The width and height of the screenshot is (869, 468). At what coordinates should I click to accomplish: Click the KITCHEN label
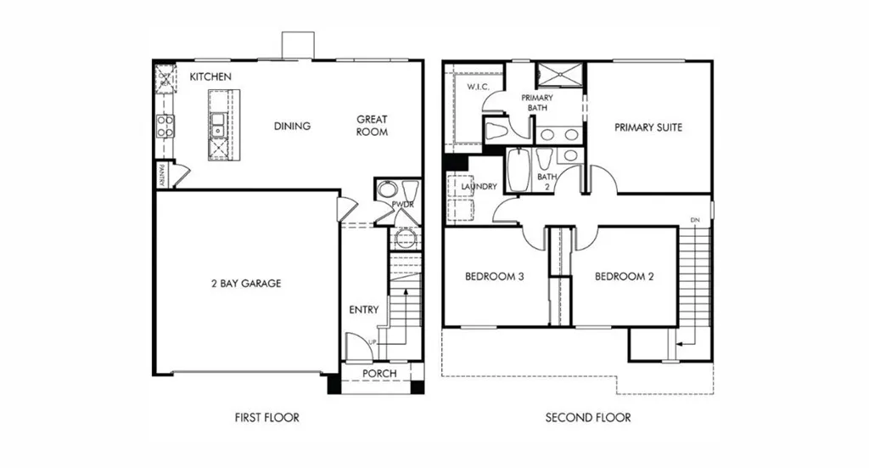pyautogui.click(x=210, y=76)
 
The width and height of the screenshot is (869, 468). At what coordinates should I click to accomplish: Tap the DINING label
pyautogui.click(x=292, y=126)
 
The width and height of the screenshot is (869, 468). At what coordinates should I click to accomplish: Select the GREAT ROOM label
pyautogui.click(x=372, y=126)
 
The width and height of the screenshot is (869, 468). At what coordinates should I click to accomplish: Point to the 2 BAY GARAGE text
pyautogui.click(x=246, y=284)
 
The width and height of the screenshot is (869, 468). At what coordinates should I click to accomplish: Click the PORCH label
pyautogui.click(x=379, y=374)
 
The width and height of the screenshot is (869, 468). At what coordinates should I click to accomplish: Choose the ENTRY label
pyautogui.click(x=364, y=310)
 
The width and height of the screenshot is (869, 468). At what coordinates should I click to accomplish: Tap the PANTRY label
pyautogui.click(x=162, y=175)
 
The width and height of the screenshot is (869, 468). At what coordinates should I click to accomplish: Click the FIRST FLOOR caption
pyautogui.click(x=267, y=418)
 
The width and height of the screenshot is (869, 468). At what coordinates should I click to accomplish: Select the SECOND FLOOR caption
pyautogui.click(x=588, y=418)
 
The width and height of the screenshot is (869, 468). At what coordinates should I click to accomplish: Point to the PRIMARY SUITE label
pyautogui.click(x=648, y=127)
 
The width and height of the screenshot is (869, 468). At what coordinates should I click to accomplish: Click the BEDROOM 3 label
pyautogui.click(x=495, y=276)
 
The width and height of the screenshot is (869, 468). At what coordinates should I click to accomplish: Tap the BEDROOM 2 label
pyautogui.click(x=624, y=276)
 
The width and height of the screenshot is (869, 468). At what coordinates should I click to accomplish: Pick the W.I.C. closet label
pyautogui.click(x=478, y=87)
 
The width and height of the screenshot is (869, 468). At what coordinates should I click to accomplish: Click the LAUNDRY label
pyautogui.click(x=479, y=186)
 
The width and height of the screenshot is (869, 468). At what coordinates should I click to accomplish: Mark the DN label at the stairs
pyautogui.click(x=695, y=220)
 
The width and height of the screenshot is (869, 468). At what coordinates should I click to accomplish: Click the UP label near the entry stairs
pyautogui.click(x=373, y=342)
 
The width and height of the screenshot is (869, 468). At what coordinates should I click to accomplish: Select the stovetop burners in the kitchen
pyautogui.click(x=165, y=126)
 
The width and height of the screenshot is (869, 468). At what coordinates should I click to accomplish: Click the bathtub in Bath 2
pyautogui.click(x=519, y=170)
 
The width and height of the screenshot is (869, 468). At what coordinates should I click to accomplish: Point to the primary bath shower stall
pyautogui.click(x=560, y=75)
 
